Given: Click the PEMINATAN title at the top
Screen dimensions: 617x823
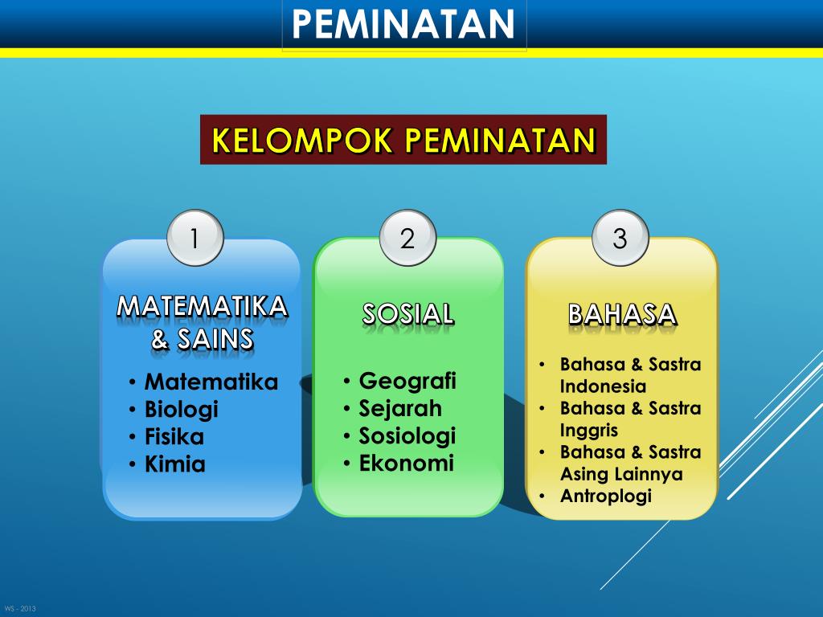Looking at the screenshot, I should (x=403, y=24).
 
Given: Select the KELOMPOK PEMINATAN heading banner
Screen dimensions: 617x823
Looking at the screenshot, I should (x=403, y=140).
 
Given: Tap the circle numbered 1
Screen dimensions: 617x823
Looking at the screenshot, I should (x=194, y=238).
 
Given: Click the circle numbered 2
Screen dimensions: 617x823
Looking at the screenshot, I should (x=407, y=238).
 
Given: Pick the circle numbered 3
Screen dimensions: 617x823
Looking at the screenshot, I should (x=620, y=238).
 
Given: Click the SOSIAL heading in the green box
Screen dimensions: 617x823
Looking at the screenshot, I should (x=408, y=313).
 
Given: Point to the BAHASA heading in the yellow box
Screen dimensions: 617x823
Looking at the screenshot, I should (x=621, y=313).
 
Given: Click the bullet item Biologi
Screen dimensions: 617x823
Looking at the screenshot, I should (x=181, y=410).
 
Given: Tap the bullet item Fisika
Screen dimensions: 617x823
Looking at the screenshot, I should (x=174, y=437).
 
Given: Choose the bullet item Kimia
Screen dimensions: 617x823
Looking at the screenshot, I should (x=174, y=464).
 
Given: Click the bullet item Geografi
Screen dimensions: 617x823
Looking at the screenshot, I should (x=407, y=380).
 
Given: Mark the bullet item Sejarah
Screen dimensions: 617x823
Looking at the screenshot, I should (x=399, y=408).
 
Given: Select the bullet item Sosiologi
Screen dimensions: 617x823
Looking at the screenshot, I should (x=407, y=435).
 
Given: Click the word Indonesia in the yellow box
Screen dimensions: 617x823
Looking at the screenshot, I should (x=603, y=386).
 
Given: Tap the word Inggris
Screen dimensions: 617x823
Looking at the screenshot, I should (x=589, y=430).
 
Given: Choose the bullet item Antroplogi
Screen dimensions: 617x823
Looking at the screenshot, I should (x=605, y=496).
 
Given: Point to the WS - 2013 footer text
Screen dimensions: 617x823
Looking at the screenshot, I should (x=20, y=608).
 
